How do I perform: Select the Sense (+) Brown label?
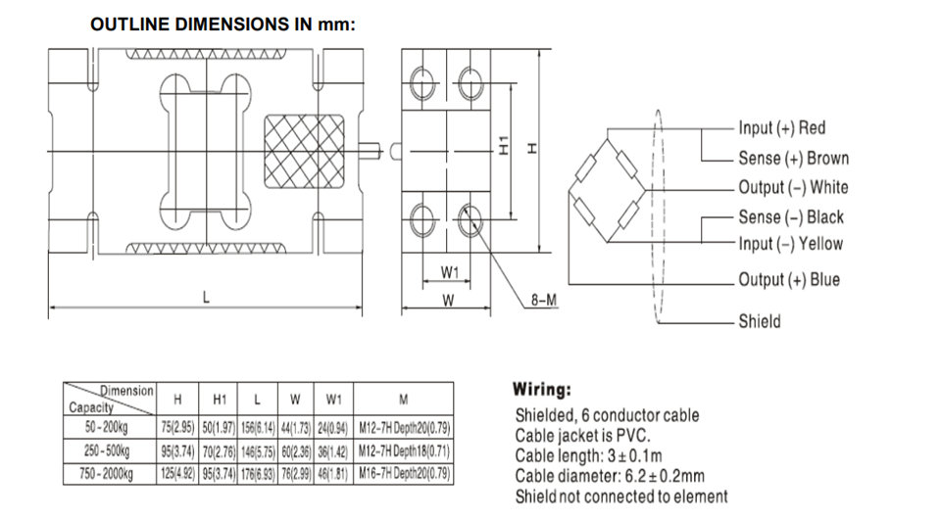pos(793,159)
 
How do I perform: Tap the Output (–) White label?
pos(793,187)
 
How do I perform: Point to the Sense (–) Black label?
pos(790,216)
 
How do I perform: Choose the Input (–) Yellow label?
pos(790,244)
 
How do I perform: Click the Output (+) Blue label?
pos(788,279)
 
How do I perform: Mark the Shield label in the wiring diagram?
pos(759,321)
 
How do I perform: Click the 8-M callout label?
pos(544,300)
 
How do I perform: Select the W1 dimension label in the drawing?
pos(450,272)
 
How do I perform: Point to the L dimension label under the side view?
pos(206,298)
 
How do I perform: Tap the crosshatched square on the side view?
pos(304,151)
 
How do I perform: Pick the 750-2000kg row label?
pos(106,474)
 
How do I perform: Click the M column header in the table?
pos(403,400)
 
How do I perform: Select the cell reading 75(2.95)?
pos(177,427)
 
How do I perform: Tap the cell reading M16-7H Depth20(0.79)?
pos(404,474)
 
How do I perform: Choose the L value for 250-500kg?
pos(258,450)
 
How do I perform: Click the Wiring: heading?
pos(542,390)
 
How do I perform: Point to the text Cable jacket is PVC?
pos(582,435)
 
